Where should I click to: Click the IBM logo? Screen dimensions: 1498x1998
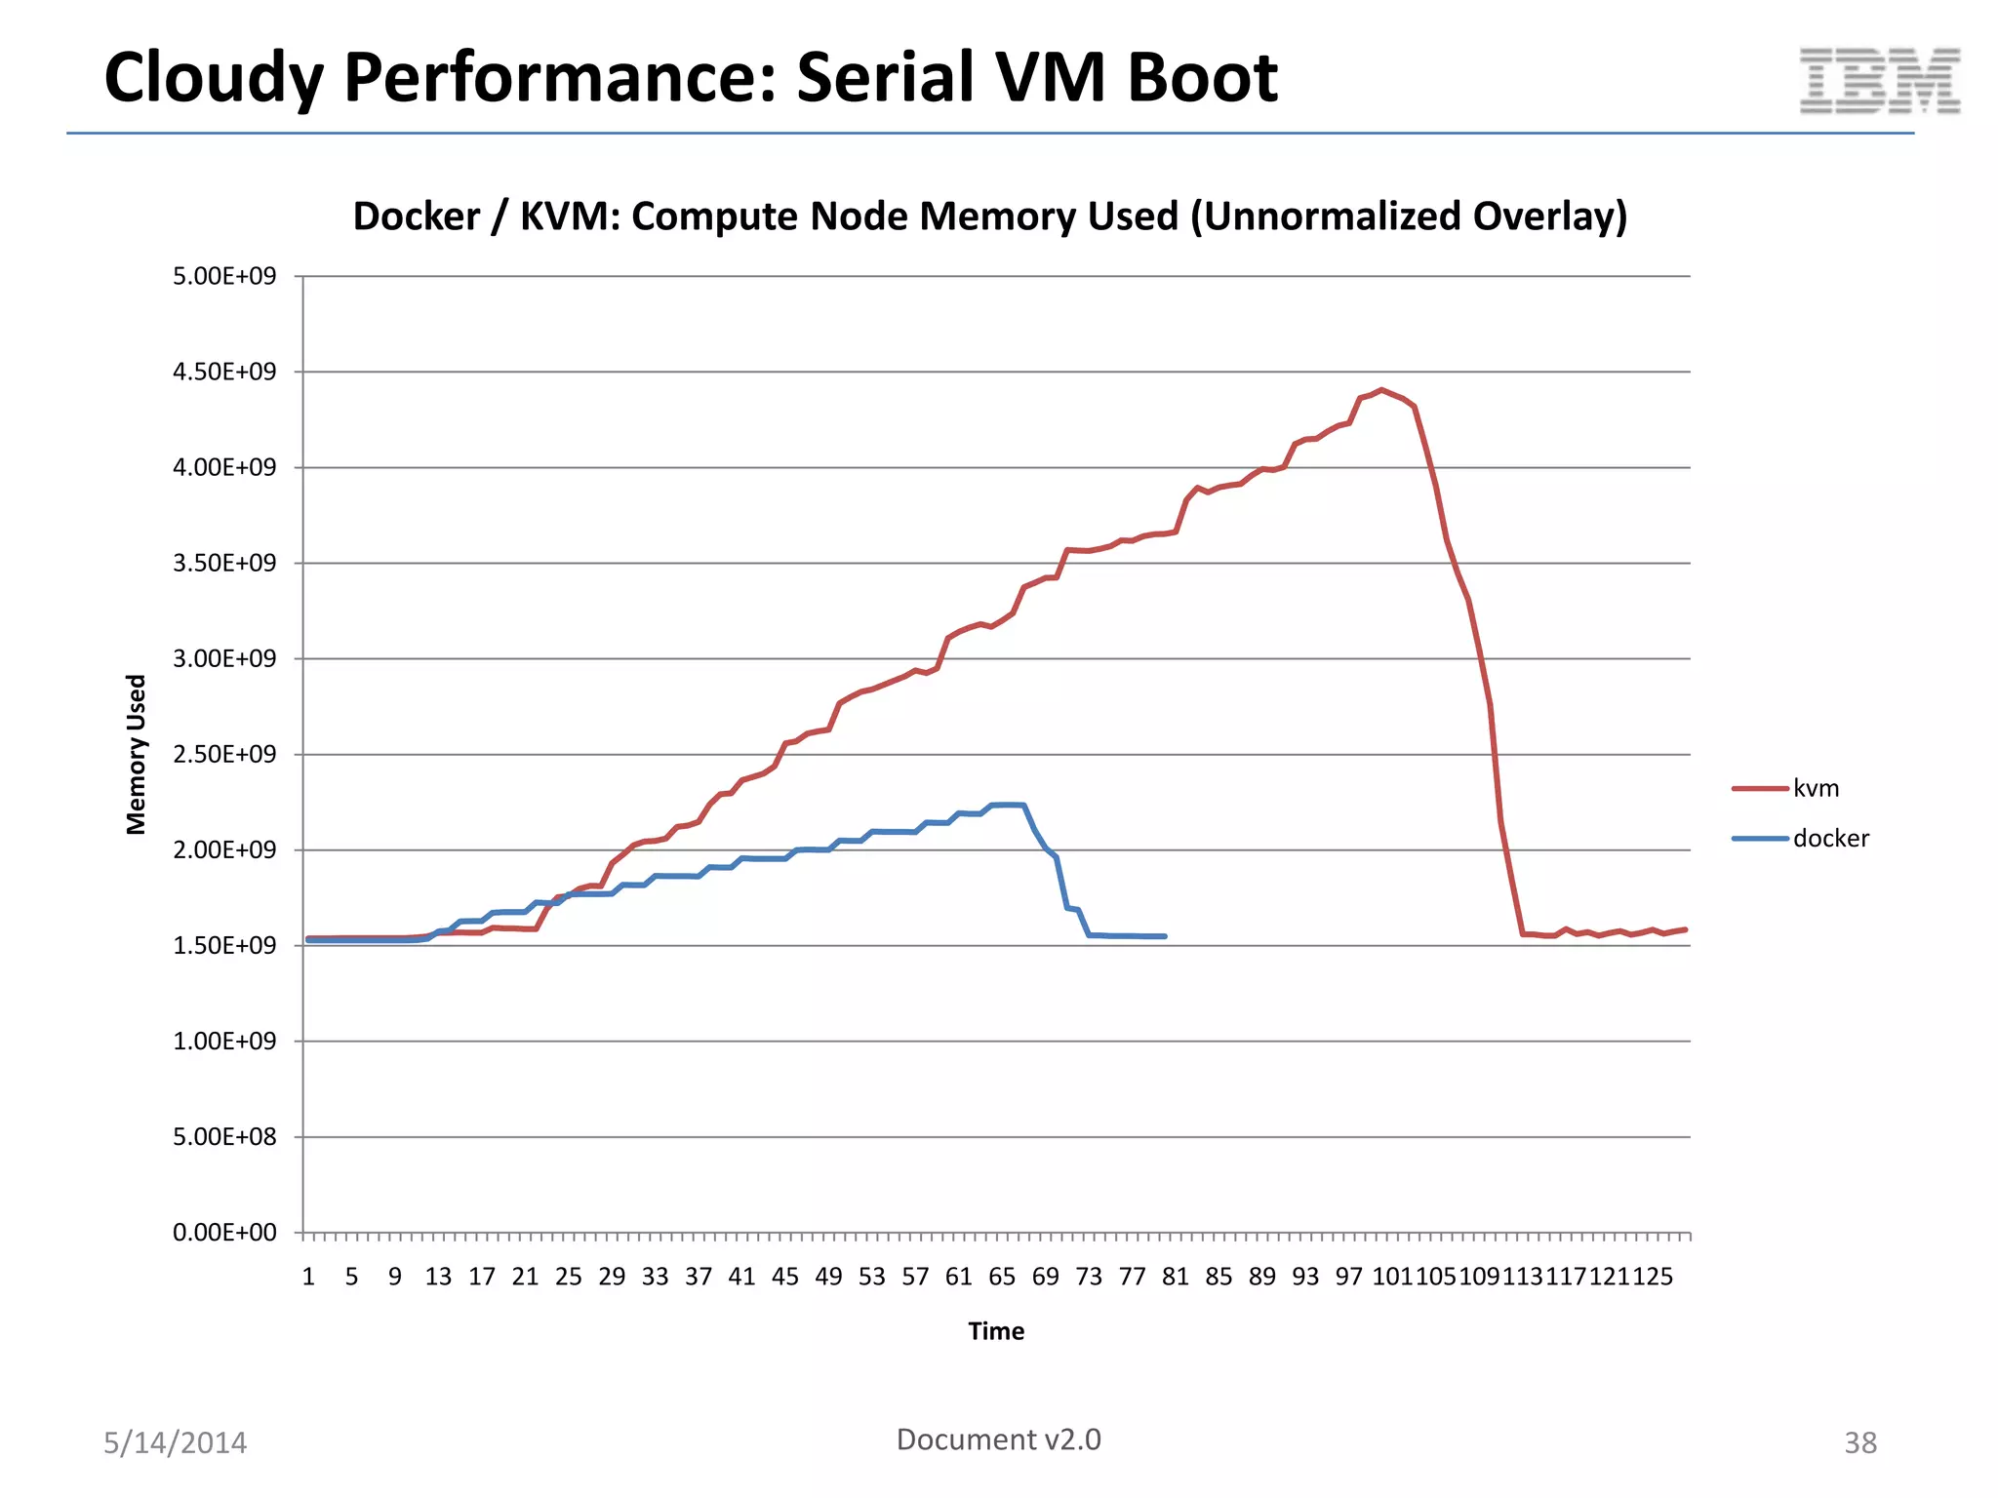[x=1879, y=81]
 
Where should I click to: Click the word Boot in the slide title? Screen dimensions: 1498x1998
[x=1202, y=78]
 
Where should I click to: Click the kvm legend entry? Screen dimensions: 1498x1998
[x=1815, y=788]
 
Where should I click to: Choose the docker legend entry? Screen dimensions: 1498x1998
[x=1830, y=839]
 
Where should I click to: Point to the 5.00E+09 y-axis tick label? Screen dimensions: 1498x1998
[x=224, y=276]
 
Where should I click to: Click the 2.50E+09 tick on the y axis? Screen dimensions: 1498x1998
[x=224, y=754]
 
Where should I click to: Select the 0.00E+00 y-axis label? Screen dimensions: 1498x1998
[x=224, y=1233]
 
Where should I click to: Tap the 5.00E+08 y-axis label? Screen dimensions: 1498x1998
[x=224, y=1137]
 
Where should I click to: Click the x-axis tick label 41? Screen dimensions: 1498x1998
[x=741, y=1277]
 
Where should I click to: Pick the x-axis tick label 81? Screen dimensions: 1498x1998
[x=1175, y=1277]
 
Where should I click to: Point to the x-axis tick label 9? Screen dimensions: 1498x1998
[x=394, y=1277]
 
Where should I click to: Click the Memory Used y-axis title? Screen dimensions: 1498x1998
[x=136, y=754]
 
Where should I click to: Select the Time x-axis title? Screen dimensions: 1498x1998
[x=996, y=1331]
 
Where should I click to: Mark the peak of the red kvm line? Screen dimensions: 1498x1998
[x=1381, y=390]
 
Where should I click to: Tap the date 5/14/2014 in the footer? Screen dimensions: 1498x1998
[x=176, y=1442]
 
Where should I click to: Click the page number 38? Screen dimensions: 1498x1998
[x=1859, y=1442]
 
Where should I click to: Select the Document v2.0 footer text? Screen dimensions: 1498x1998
[x=998, y=1439]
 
